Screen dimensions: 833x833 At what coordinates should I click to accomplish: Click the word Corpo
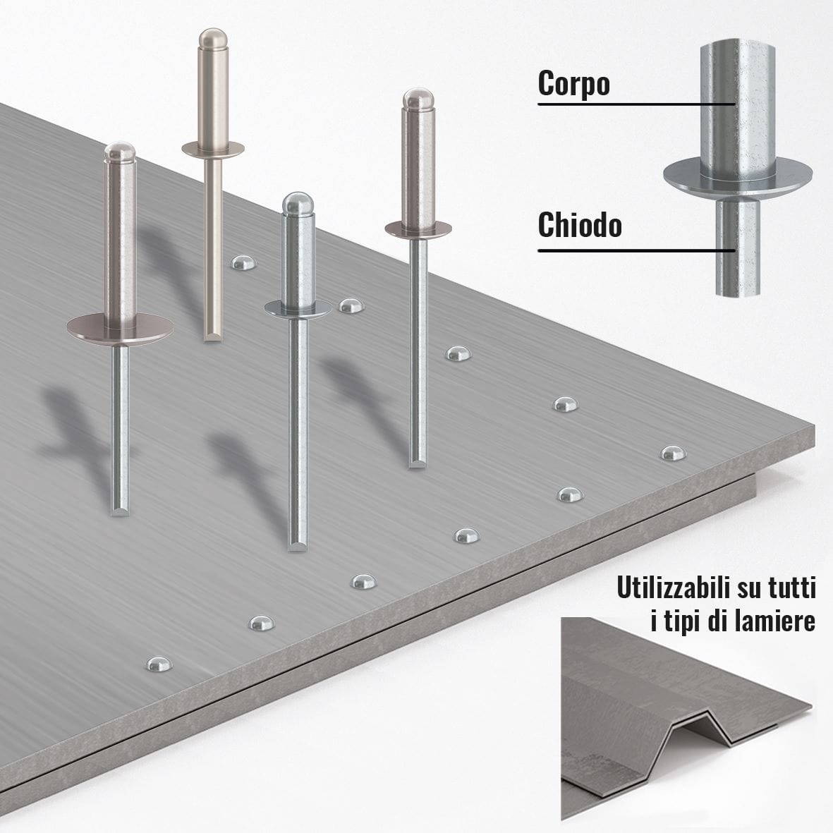[573, 83]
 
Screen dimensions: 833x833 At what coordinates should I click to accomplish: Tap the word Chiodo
[580, 225]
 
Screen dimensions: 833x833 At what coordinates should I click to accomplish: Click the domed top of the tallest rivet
[213, 38]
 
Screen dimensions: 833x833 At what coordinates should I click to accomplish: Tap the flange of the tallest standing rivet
[213, 150]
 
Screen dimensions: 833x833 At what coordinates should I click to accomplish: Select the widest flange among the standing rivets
[120, 328]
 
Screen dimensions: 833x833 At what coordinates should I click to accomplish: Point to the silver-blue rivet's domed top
[298, 203]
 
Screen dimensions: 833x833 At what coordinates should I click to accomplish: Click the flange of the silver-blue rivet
[298, 309]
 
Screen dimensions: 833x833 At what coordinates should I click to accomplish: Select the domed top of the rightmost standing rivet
[419, 99]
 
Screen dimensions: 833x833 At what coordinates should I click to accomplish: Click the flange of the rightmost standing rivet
[419, 230]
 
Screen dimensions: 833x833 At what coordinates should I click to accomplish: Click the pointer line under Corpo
[637, 104]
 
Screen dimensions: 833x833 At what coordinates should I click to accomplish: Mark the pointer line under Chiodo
[637, 250]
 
